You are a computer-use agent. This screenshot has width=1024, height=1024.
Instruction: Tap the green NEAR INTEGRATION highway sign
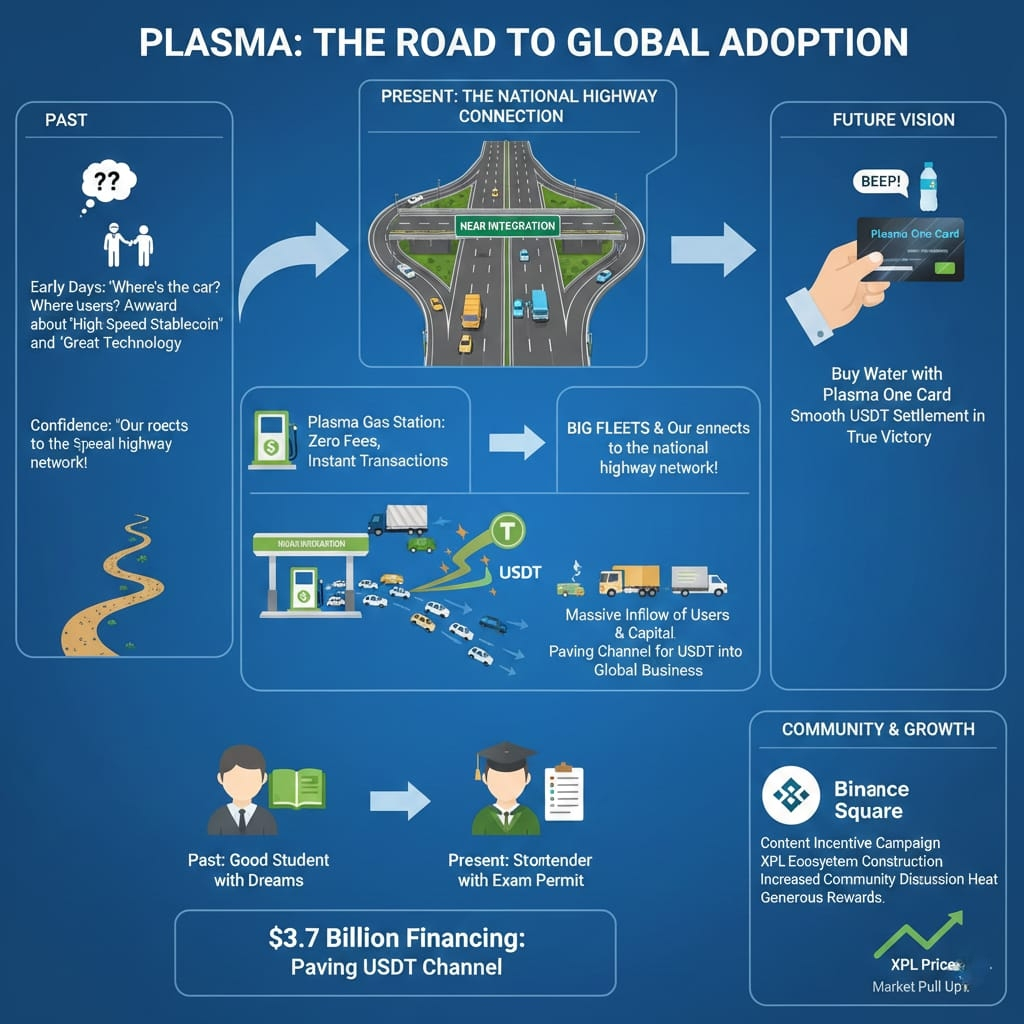tap(506, 226)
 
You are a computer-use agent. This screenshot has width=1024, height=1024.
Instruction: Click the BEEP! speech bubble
tap(877, 182)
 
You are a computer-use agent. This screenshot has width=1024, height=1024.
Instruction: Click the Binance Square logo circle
tap(791, 796)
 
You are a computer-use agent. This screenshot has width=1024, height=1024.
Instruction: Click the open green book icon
tap(296, 787)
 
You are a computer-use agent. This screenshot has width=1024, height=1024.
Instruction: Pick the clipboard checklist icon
tap(563, 795)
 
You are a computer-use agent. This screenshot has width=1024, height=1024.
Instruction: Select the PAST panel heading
tap(66, 120)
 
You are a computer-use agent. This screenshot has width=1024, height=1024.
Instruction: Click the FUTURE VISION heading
tap(893, 120)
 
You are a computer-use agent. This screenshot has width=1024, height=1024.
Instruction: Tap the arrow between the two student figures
tap(399, 801)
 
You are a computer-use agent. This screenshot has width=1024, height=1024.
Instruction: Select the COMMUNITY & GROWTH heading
tap(878, 728)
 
